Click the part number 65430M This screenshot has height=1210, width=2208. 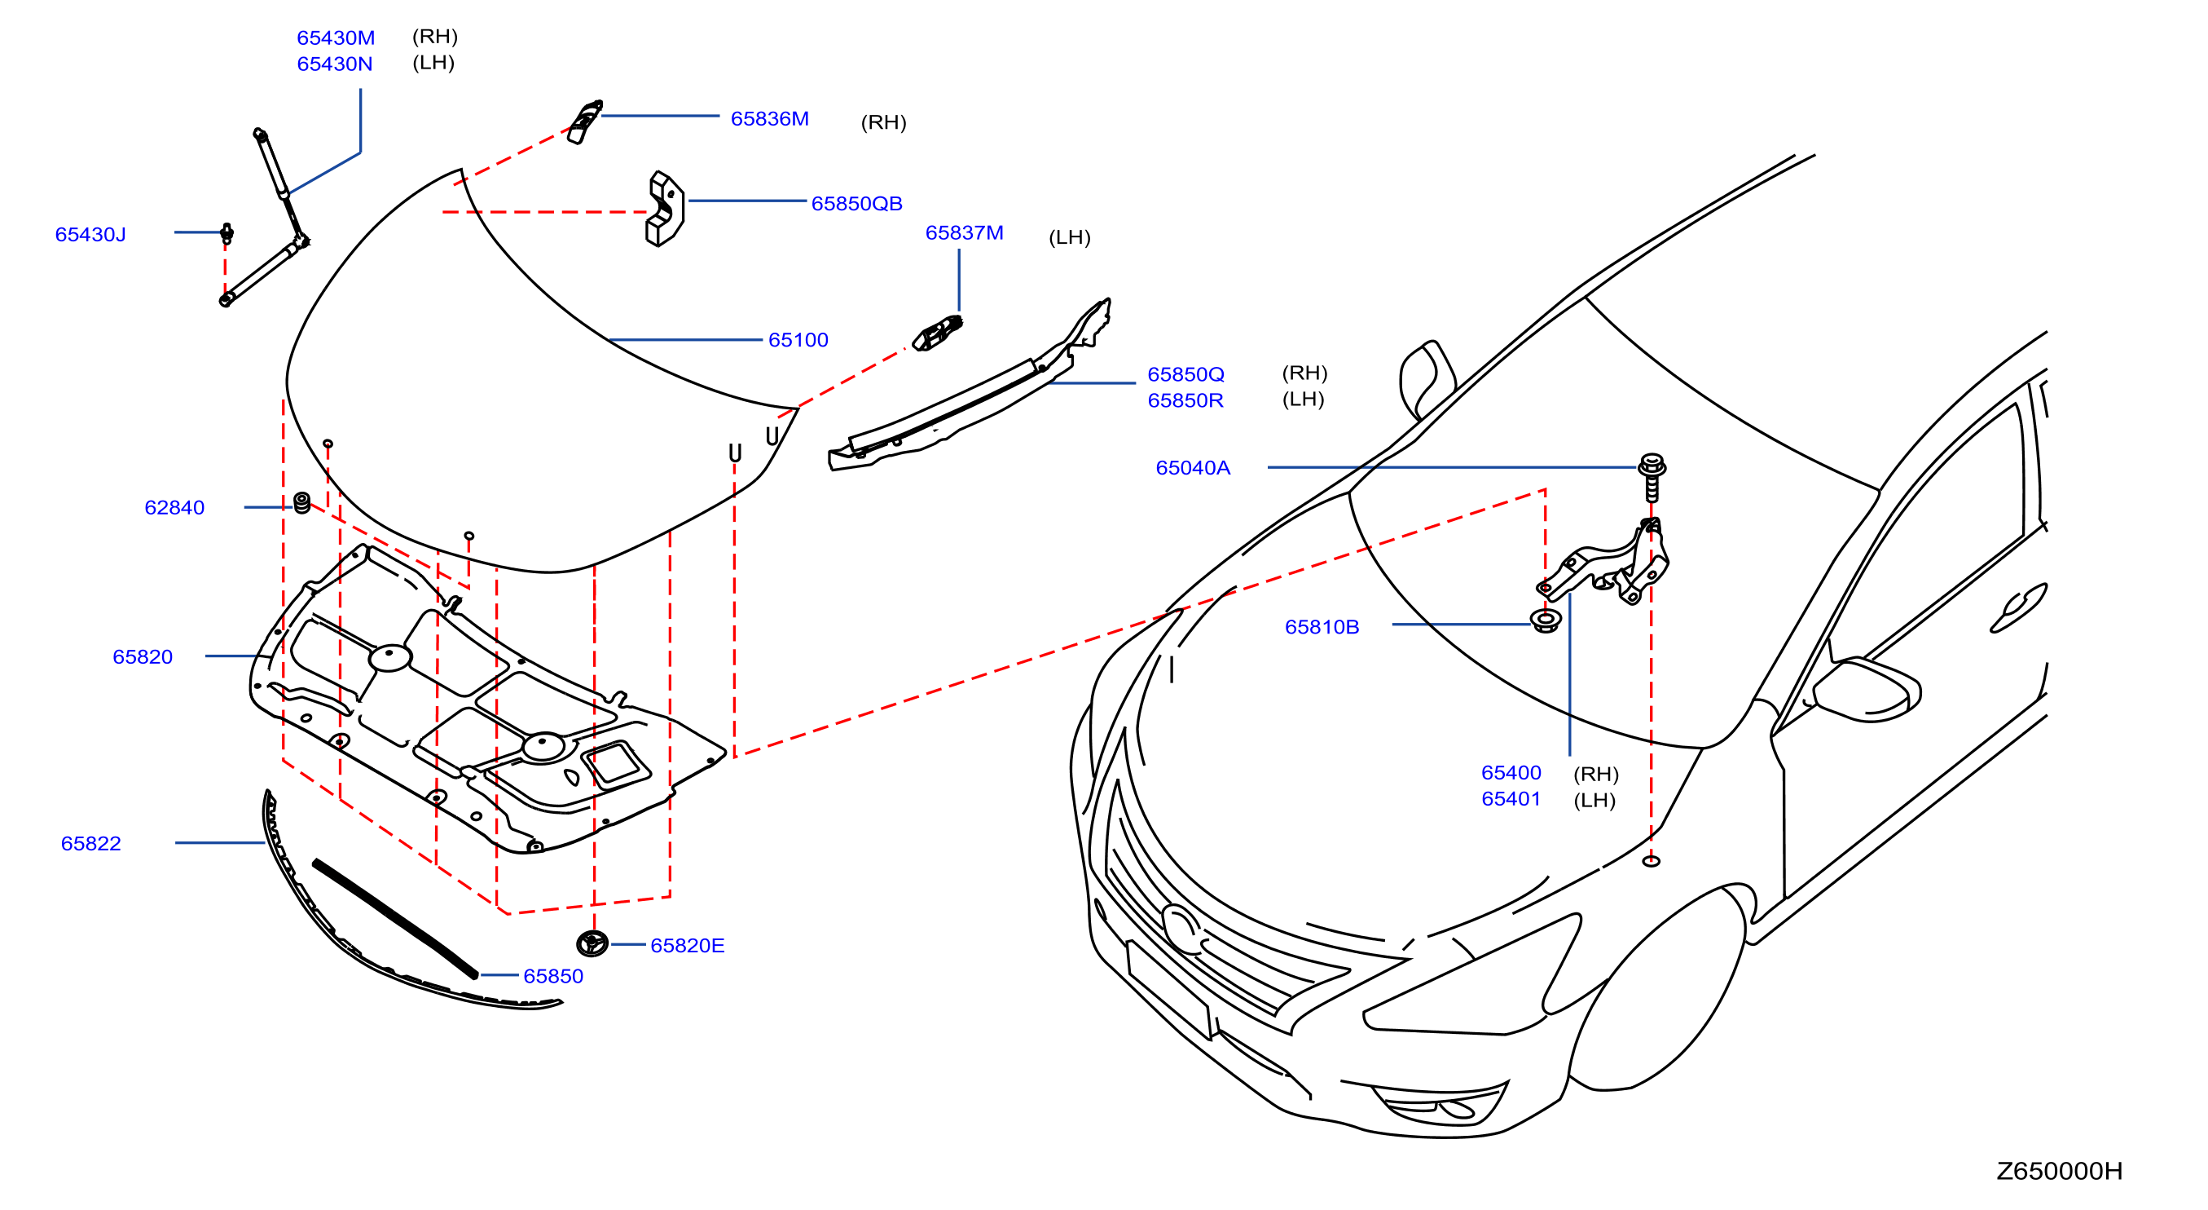(x=335, y=38)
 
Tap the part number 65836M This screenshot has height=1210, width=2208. (x=769, y=118)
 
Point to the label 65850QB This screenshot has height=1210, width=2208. (x=856, y=203)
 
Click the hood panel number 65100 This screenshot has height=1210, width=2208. (x=798, y=339)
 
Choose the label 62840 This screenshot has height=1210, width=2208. (x=174, y=508)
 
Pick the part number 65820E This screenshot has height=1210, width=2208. (x=688, y=945)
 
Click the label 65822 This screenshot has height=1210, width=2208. (x=91, y=843)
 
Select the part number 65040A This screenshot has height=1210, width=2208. (x=1192, y=467)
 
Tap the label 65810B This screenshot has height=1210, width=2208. (x=1322, y=627)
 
